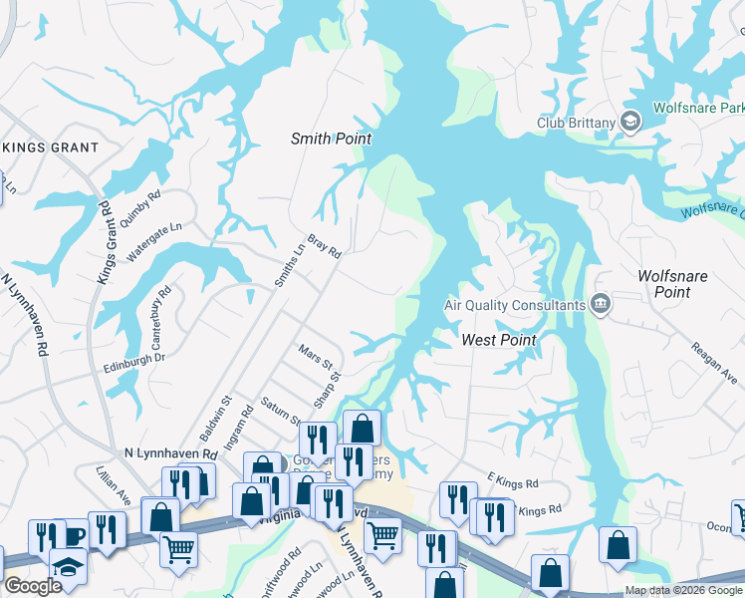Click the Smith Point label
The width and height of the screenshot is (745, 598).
(x=331, y=139)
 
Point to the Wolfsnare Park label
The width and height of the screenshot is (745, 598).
(x=698, y=107)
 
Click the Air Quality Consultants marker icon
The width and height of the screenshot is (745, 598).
(x=600, y=304)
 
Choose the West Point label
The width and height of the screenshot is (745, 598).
(x=499, y=340)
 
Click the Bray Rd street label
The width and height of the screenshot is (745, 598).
(x=325, y=246)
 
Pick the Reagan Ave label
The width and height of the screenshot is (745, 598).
(x=714, y=360)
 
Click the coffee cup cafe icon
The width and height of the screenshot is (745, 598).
(x=73, y=536)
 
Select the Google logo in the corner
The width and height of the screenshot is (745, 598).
(x=33, y=586)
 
